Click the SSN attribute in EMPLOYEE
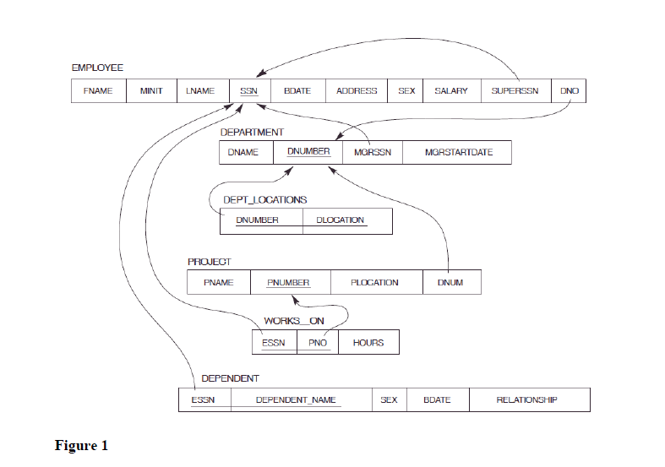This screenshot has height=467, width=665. point(248,91)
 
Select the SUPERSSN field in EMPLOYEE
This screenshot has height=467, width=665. point(515,91)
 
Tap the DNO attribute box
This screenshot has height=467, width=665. point(569,91)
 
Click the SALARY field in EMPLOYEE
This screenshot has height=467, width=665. point(450,91)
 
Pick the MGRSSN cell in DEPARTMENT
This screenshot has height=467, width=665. point(372,153)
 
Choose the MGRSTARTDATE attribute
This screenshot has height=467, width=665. point(457,153)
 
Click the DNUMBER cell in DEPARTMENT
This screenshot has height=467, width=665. point(308,153)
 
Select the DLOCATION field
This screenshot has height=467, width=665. point(341,220)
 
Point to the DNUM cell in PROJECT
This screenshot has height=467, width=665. point(450,282)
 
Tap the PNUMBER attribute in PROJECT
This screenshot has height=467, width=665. point(288,282)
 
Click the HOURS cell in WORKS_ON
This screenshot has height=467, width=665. point(368,343)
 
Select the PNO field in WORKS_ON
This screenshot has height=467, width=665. point(318,343)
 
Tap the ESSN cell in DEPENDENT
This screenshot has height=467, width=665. point(203,399)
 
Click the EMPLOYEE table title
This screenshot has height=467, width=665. point(97,67)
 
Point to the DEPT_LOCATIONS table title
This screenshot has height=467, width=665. point(264,200)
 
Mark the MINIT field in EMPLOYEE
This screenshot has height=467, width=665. point(150,91)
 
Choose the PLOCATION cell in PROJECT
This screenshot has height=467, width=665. point(374,282)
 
